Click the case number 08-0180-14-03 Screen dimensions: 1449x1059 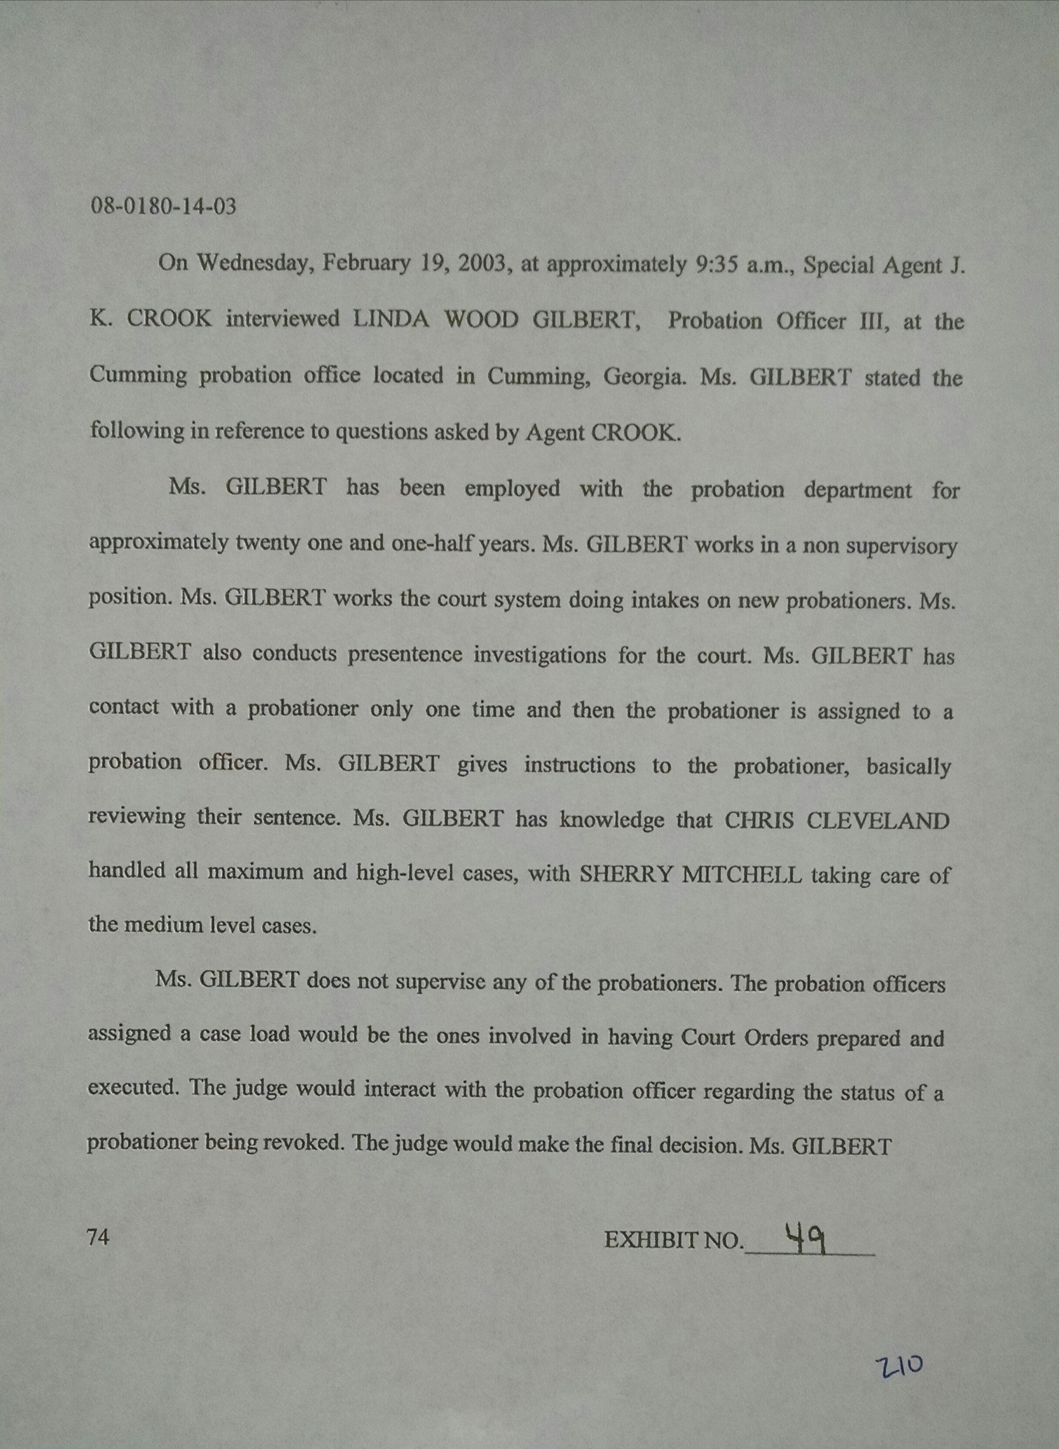(x=163, y=206)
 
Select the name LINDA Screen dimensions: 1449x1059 (x=391, y=319)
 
